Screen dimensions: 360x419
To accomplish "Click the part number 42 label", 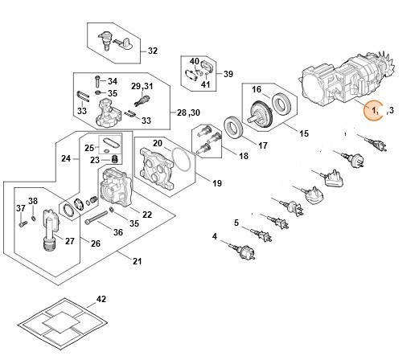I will (x=101, y=299).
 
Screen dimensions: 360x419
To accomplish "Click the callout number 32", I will (x=153, y=51).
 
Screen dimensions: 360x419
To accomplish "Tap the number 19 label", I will (x=216, y=184).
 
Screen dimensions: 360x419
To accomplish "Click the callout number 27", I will (x=69, y=240).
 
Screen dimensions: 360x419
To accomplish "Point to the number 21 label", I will (x=137, y=262).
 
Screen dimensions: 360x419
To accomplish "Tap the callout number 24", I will (x=67, y=158).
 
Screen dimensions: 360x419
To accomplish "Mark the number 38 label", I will (x=33, y=201).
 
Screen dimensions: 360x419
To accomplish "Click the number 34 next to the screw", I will (x=113, y=81).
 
